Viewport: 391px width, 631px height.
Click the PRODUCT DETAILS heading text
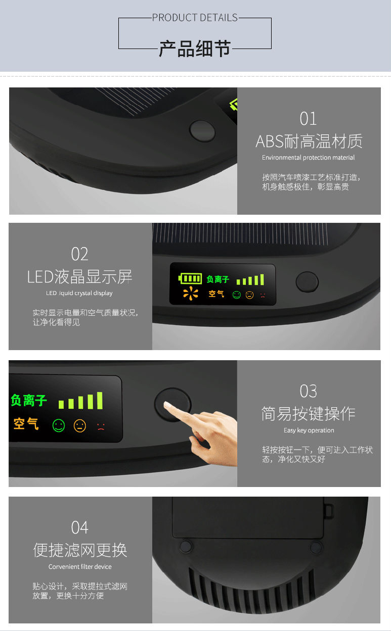pyautogui.click(x=195, y=18)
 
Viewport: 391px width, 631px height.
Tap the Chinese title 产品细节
pyautogui.click(x=195, y=48)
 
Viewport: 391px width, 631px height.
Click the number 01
pyautogui.click(x=308, y=119)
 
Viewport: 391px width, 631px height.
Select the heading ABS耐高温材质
pyautogui.click(x=309, y=141)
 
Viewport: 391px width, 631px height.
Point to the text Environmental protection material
pyautogui.click(x=308, y=158)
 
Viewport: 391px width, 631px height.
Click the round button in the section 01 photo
pyautogui.click(x=202, y=131)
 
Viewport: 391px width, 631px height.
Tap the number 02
pyautogui.click(x=80, y=254)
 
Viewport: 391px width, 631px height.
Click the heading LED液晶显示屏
pyautogui.click(x=79, y=277)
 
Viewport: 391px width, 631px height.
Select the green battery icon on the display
pyautogui.click(x=190, y=278)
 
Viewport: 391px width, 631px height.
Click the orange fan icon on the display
pyautogui.click(x=190, y=293)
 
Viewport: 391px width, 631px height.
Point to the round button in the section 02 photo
pyautogui.click(x=307, y=282)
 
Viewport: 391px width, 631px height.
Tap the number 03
pyautogui.click(x=309, y=391)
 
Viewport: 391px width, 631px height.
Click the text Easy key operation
pyautogui.click(x=309, y=430)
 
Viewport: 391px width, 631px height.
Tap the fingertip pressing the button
pyautogui.click(x=167, y=405)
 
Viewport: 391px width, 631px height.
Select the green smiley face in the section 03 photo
pyautogui.click(x=59, y=425)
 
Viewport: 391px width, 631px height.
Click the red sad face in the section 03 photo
pyautogui.click(x=101, y=426)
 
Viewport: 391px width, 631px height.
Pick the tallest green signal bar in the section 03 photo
pyautogui.click(x=100, y=400)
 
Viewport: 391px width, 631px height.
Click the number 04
pyautogui.click(x=80, y=527)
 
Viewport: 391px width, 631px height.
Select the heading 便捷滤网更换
pyautogui.click(x=80, y=550)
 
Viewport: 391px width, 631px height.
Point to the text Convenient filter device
pyautogui.click(x=80, y=567)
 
